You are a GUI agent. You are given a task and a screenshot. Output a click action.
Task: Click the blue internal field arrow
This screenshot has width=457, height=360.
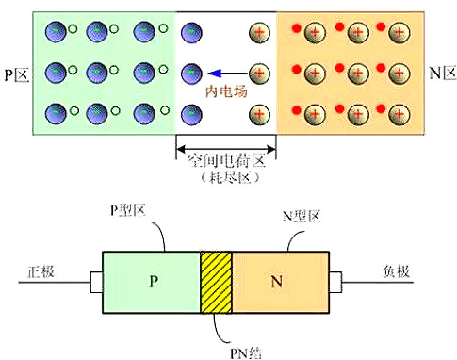(x=227, y=74)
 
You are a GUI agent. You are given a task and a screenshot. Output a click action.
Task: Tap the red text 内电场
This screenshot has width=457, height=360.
(x=226, y=91)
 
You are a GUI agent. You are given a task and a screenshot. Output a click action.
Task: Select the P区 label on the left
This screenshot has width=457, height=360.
(x=17, y=74)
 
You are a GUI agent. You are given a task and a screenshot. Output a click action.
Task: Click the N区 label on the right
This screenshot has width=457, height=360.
(x=442, y=74)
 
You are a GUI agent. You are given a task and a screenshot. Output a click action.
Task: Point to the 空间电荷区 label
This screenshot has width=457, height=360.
(x=226, y=160)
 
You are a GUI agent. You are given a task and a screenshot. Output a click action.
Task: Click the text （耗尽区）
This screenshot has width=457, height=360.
(x=230, y=178)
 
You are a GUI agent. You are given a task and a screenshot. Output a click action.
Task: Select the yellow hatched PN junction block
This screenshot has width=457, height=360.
(x=216, y=282)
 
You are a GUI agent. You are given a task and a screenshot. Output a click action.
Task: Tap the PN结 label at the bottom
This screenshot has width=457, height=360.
(x=246, y=353)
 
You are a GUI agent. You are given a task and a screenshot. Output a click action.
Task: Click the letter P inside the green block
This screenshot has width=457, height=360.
(x=154, y=281)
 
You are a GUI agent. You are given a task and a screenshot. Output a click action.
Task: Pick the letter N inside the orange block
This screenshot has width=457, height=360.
(x=276, y=281)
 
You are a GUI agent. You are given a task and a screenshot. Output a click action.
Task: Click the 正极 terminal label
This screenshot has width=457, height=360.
(x=41, y=271)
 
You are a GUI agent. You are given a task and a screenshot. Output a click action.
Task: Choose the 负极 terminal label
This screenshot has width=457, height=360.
(x=397, y=271)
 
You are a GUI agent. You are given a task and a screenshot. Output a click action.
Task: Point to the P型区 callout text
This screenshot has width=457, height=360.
(x=128, y=210)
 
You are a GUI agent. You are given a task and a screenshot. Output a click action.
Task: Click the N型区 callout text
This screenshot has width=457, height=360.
(x=302, y=216)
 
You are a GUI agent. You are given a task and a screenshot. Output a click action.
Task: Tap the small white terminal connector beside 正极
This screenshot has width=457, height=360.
(x=96, y=282)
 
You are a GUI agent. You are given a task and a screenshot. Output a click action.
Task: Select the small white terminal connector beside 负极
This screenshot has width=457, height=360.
(x=335, y=282)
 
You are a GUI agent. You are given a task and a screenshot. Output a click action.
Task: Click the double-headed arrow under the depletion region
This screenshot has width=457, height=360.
(x=226, y=148)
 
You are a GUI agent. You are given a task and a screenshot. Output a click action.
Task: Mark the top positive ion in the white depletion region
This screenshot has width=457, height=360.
(x=259, y=33)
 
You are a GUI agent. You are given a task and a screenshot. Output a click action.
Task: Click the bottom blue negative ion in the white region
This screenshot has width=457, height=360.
(x=191, y=115)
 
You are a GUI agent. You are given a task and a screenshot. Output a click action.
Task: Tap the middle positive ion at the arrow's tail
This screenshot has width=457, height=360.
(x=259, y=74)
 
